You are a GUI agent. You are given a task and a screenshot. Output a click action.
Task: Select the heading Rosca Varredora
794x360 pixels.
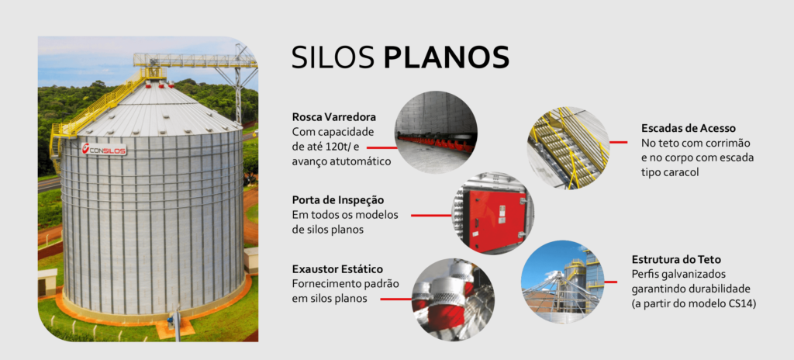pyautogui.click(x=333, y=118)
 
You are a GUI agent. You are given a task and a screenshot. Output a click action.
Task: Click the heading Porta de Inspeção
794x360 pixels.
pyautogui.click(x=338, y=200)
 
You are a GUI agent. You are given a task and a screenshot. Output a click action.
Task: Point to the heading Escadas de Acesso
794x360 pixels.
pyautogui.click(x=689, y=128)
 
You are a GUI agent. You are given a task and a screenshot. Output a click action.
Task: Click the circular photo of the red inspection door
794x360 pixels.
pyautogui.click(x=492, y=213)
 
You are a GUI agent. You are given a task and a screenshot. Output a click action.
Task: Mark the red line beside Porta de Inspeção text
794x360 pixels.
pyautogui.click(x=430, y=214)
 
